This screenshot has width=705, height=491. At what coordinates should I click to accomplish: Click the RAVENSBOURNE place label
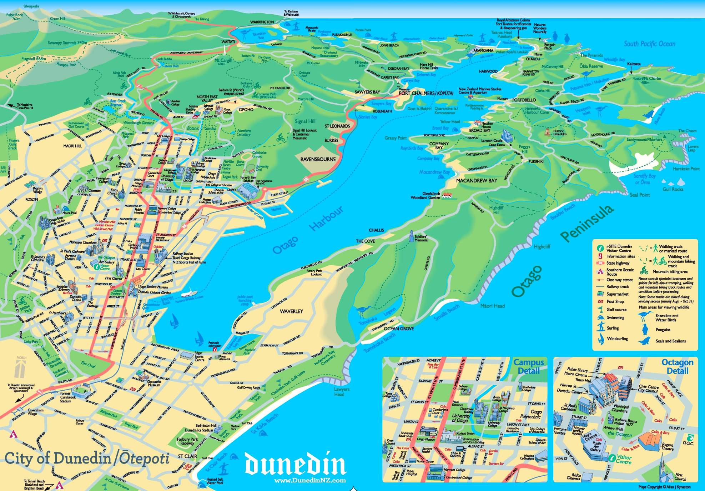point(318,159)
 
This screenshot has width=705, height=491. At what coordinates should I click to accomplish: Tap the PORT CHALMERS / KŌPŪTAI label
point(426,93)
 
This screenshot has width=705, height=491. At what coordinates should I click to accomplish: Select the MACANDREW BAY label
point(476,181)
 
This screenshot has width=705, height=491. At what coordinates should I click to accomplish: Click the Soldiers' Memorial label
point(421,238)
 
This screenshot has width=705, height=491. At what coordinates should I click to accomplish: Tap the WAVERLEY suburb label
point(291,311)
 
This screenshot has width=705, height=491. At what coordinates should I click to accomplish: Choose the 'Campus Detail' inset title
point(529,366)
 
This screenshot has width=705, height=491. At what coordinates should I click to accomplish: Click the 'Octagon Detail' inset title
point(677,366)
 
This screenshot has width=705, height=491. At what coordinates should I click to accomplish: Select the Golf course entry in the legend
point(616,310)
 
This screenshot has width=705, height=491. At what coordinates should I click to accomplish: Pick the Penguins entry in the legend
point(663,330)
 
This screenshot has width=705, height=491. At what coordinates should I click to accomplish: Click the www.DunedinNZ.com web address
point(310,480)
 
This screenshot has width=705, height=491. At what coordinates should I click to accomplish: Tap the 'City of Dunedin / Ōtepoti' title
point(87,459)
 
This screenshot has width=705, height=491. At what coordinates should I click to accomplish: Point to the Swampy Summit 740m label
point(67,43)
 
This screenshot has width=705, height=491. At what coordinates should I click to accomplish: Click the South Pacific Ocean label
point(649,44)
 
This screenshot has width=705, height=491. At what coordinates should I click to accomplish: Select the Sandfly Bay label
point(644,179)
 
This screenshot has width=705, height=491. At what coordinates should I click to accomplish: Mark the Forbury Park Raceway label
point(187,441)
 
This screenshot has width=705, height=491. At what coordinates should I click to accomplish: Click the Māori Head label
point(492,306)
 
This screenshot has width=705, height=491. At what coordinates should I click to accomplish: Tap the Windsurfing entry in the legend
point(617,339)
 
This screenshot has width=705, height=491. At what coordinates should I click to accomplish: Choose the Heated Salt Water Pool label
point(215,481)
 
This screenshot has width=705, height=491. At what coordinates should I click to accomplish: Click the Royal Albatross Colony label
point(513,20)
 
